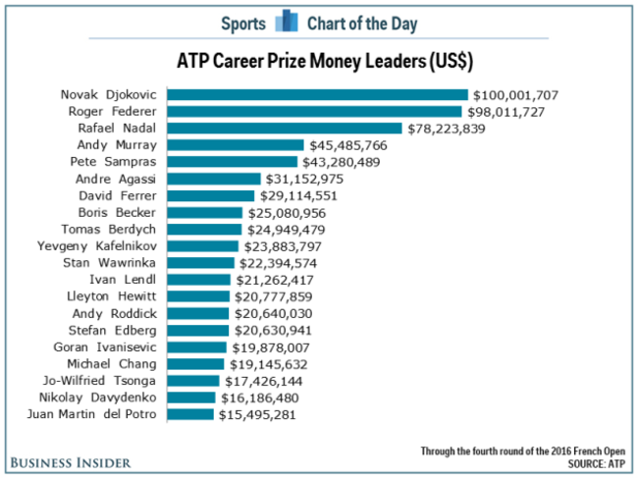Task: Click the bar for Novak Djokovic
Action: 317,95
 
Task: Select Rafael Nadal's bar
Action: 285,129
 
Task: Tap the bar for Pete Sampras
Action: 232,162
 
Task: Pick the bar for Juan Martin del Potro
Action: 190,414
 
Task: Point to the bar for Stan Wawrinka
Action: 201,263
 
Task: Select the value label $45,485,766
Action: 347,145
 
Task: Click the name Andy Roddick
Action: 117,313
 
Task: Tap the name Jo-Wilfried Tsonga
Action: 104,381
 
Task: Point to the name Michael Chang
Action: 115,364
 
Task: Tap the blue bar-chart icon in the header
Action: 287,22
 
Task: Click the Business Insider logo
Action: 73,461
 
